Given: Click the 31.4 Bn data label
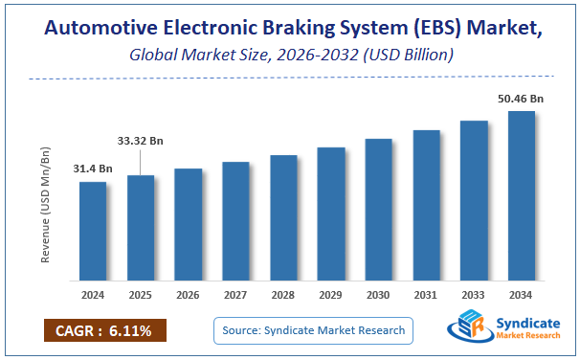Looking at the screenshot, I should pyautogui.click(x=93, y=169).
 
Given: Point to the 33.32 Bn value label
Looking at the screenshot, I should pyautogui.click(x=141, y=141).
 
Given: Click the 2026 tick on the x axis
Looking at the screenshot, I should pyautogui.click(x=188, y=295).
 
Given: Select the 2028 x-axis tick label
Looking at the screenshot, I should pyautogui.click(x=283, y=295).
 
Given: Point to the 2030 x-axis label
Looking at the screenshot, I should pyautogui.click(x=378, y=295).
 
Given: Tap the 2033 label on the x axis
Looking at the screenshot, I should pyautogui.click(x=474, y=295).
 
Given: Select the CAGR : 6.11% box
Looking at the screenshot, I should pyautogui.click(x=104, y=330).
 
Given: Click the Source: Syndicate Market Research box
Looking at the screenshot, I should pyautogui.click(x=312, y=330).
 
